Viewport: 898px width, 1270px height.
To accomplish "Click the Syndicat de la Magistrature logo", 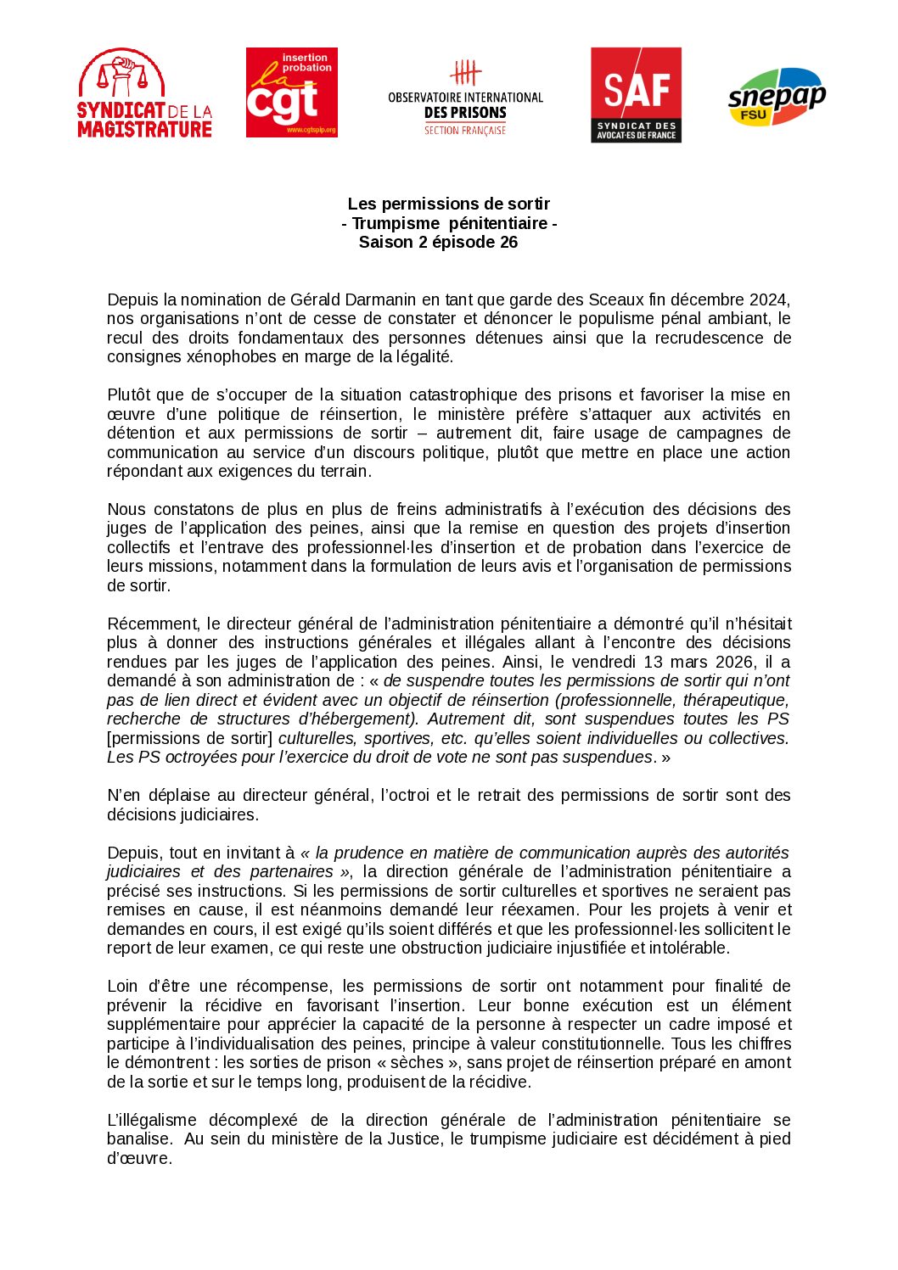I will point(144,93).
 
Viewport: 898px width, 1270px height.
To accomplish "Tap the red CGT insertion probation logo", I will point(291,92).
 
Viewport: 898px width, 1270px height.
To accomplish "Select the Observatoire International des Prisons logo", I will point(465,97).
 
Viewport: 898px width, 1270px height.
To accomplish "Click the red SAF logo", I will point(636,94).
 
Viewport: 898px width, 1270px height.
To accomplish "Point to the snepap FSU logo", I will point(776,97).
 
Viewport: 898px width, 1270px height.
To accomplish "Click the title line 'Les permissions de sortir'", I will point(448,204).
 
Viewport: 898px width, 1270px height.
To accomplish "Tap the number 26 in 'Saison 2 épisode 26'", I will point(508,242).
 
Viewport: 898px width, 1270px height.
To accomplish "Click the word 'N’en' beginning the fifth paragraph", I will point(123,795).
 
